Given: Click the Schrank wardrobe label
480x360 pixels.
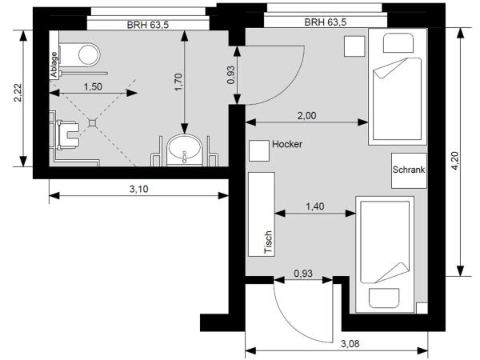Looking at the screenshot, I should click(x=408, y=170).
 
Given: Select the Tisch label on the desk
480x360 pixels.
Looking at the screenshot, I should click(x=269, y=239).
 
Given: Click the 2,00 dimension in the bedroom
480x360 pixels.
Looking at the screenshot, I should click(x=306, y=115).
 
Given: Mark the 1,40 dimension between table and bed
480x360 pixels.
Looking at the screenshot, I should click(x=314, y=206).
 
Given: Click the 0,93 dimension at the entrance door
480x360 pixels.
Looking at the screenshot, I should click(x=302, y=273).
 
